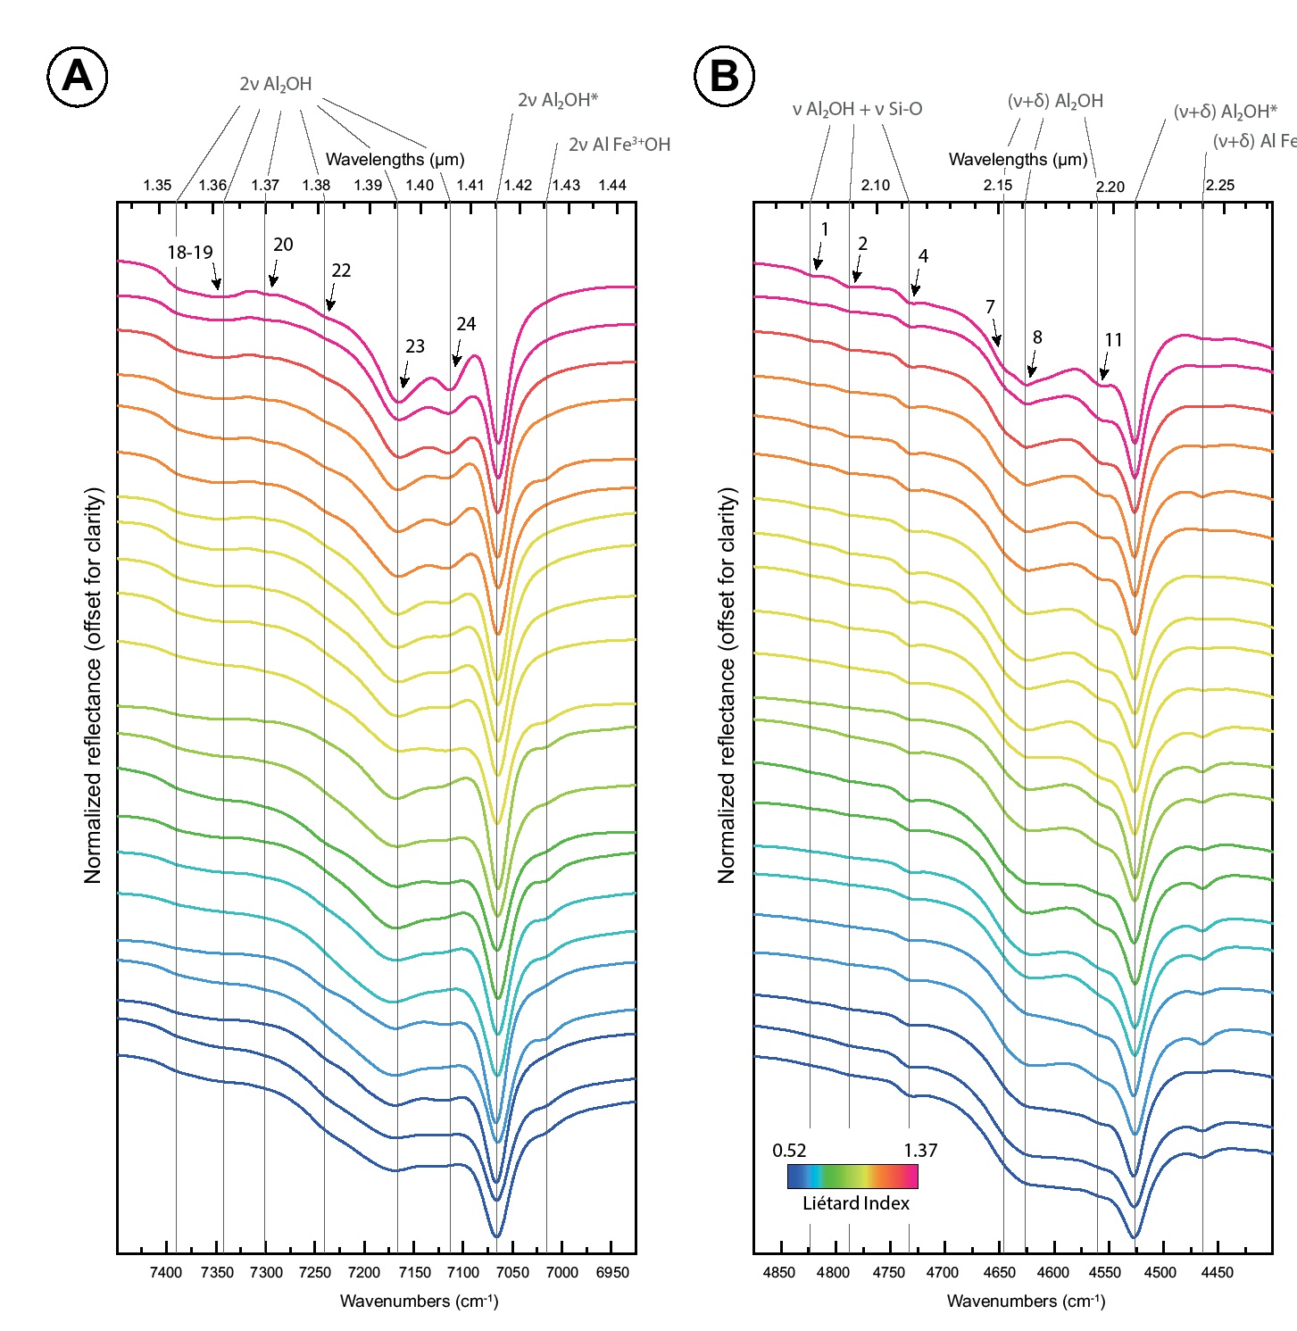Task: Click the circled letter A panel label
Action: (77, 76)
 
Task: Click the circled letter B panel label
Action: (724, 76)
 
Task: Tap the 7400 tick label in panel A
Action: (166, 1272)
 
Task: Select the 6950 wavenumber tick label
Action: (611, 1272)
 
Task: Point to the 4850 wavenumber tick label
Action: (779, 1272)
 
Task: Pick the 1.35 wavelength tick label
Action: (157, 186)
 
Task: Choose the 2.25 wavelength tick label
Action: (1219, 186)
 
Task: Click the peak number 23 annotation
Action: (415, 346)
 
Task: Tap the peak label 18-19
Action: (190, 253)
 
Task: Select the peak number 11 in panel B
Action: (1113, 340)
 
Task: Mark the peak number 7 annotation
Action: (990, 307)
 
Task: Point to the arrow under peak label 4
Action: (916, 285)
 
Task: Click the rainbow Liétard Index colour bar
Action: (852, 1177)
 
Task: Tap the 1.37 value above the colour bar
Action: (920, 1151)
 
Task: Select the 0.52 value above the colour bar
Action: (789, 1151)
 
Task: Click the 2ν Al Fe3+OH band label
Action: (619, 145)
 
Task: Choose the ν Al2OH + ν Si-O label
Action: (857, 110)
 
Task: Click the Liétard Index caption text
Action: (855, 1203)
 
